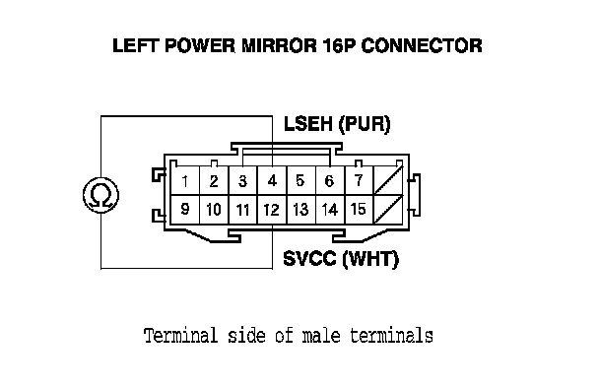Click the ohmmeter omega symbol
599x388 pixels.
[x=100, y=195]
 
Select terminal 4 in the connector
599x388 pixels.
[x=272, y=180]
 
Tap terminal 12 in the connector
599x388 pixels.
[x=272, y=210]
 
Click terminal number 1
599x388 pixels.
[x=185, y=180]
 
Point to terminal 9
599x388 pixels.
[x=185, y=210]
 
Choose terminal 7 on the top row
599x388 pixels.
[x=359, y=180]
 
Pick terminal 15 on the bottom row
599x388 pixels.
[x=359, y=210]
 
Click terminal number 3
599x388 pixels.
[x=242, y=180]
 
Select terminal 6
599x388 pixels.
[x=330, y=180]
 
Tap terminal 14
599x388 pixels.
[x=330, y=210]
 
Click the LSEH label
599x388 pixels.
[x=308, y=124]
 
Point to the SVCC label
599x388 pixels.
[x=309, y=259]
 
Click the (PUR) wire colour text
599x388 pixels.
[x=365, y=124]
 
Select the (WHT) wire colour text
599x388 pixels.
[x=369, y=259]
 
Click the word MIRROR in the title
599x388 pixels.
[x=279, y=45]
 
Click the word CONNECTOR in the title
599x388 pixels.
[x=422, y=45]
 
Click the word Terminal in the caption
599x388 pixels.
[x=180, y=336]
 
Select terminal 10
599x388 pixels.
[x=214, y=210]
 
